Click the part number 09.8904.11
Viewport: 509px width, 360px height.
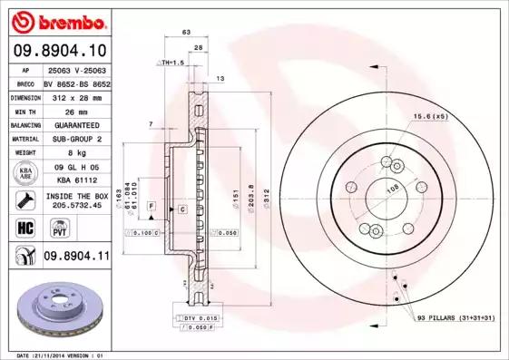76,257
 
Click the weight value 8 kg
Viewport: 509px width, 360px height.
76,153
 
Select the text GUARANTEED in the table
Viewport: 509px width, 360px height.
76,124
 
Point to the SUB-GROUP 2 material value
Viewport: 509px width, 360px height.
76,139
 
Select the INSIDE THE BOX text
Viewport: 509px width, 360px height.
76,196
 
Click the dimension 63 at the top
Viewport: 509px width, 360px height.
187,32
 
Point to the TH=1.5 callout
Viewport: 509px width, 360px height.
171,63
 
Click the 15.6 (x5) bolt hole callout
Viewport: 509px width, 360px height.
431,116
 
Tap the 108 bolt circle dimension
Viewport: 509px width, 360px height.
393,189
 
